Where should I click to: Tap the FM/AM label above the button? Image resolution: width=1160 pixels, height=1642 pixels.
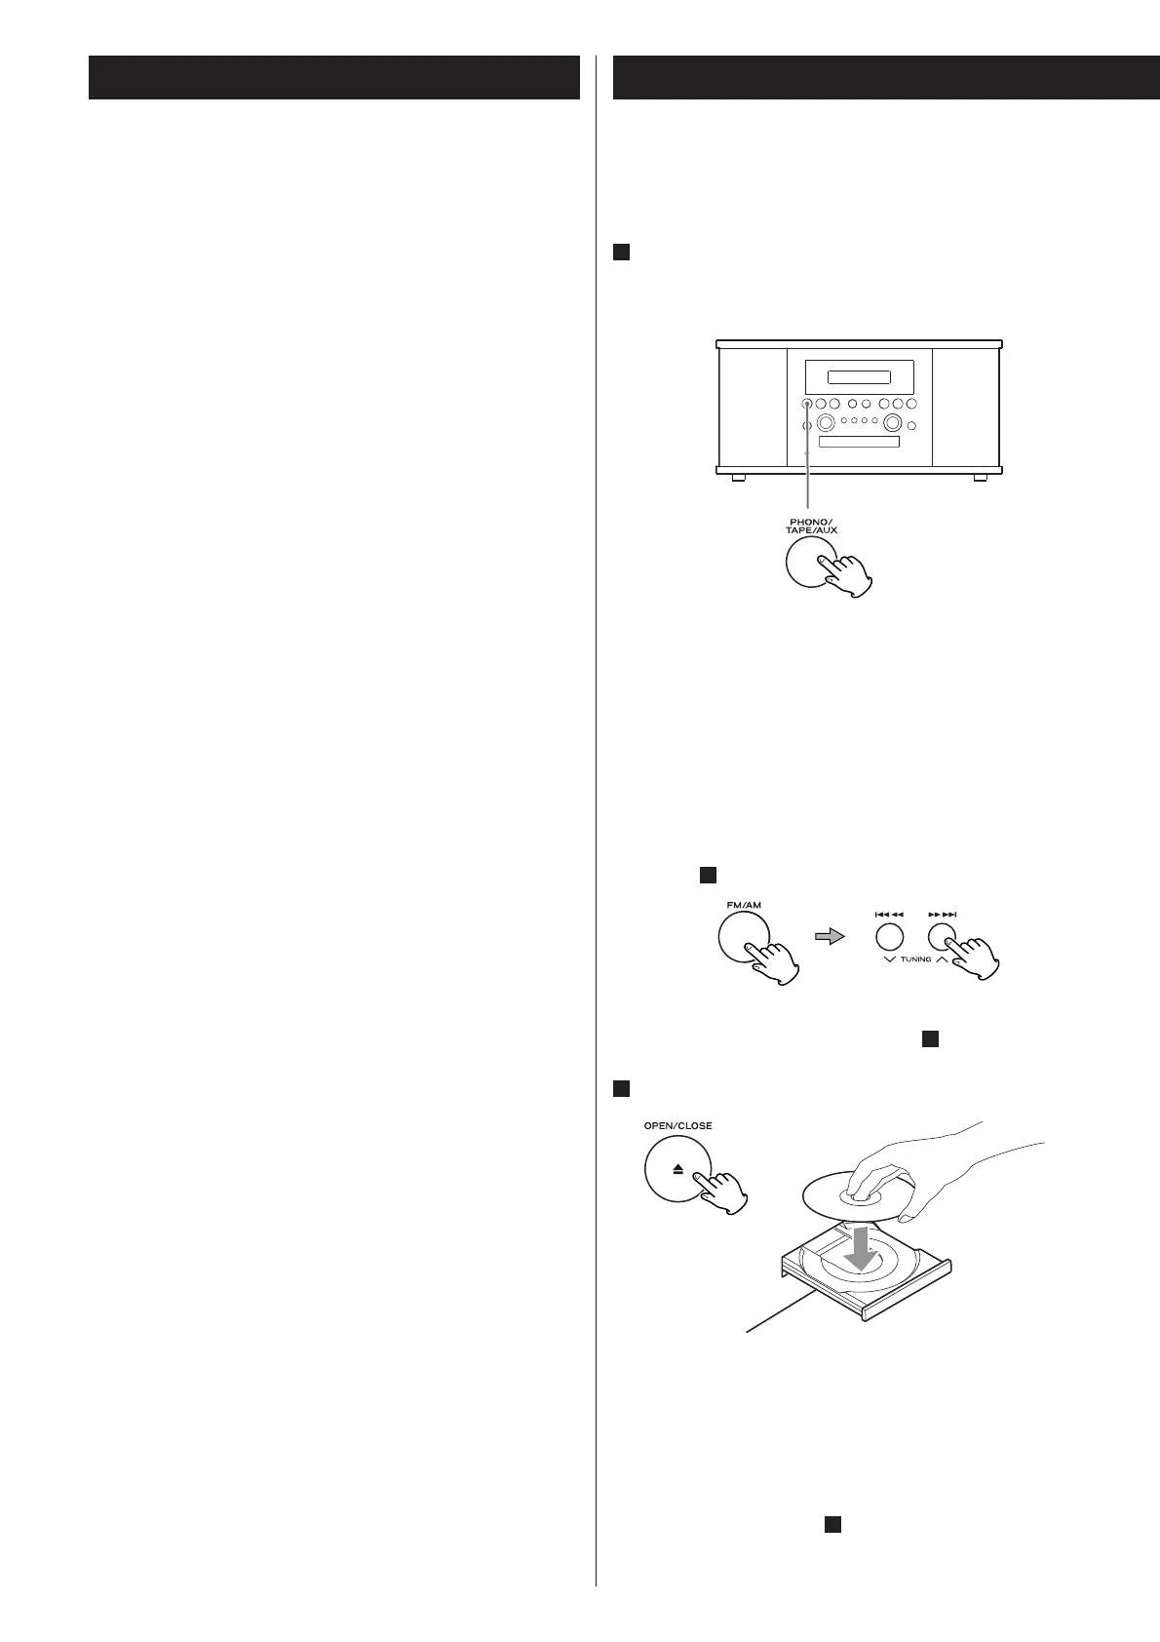point(745,906)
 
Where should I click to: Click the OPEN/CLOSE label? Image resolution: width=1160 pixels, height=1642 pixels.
point(678,1125)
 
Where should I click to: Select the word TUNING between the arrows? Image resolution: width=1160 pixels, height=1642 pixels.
point(916,959)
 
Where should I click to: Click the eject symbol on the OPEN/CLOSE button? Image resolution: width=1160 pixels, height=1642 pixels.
point(677,1168)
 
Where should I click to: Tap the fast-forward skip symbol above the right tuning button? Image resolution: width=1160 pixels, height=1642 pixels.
point(943,915)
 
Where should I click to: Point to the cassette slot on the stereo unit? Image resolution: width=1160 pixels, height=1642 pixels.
point(858,443)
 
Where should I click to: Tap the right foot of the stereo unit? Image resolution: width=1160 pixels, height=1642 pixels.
point(979,478)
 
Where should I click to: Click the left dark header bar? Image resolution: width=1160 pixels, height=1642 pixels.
point(333,78)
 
